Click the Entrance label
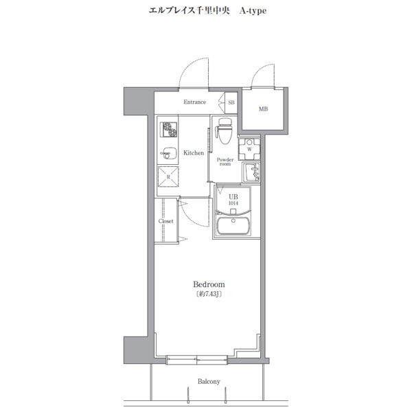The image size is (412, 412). point(194,102)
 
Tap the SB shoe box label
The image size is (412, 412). point(231,102)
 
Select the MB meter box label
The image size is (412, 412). point(263,108)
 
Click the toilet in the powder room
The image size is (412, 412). point(224,131)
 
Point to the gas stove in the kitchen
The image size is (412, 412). point(169,130)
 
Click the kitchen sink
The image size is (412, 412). point(168,153)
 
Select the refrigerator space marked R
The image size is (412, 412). point(168,176)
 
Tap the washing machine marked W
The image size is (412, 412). point(249,149)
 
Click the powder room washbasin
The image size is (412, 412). point(251,172)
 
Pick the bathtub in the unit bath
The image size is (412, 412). point(233,226)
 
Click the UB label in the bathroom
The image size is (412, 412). point(233,197)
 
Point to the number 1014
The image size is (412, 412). point(233,203)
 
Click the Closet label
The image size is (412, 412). point(165,221)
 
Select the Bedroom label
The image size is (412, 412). point(209,284)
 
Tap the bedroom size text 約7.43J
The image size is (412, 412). point(209,294)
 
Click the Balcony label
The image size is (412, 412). point(209,381)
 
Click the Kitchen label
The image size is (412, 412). point(194,152)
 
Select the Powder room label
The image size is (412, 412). point(225,161)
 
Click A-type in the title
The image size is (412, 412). point(253,11)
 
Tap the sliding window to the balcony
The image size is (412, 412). point(197,360)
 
